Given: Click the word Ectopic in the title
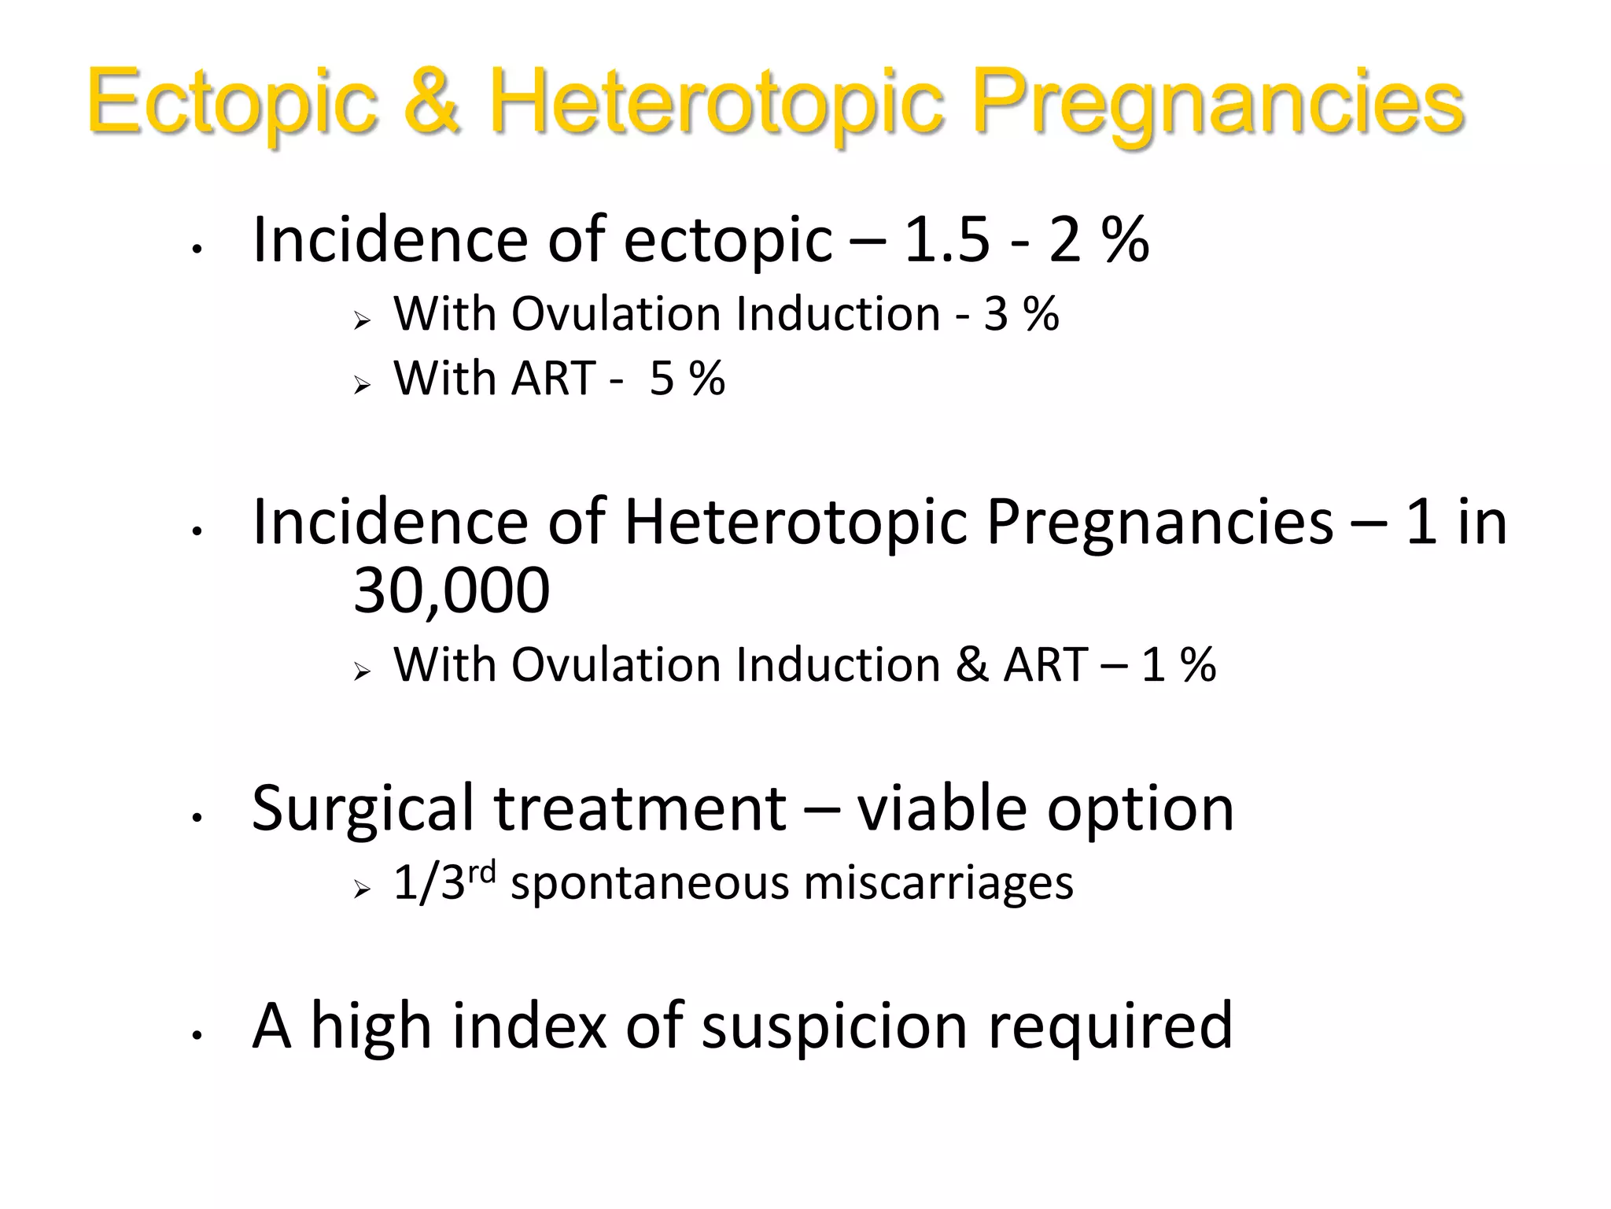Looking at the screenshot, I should (232, 102).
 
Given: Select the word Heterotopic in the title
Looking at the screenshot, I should (716, 102).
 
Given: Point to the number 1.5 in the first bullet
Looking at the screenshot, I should (947, 239).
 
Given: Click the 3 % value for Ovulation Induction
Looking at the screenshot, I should (1021, 314).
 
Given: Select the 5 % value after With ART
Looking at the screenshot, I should (687, 379).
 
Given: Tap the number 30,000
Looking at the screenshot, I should (452, 590).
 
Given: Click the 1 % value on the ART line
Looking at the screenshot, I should (1178, 665).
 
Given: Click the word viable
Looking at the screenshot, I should (942, 809).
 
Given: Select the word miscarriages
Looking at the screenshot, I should (938, 883).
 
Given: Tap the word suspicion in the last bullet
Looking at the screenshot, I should (835, 1026).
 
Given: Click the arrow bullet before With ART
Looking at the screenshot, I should (362, 385).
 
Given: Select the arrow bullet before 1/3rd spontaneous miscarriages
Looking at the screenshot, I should (362, 889).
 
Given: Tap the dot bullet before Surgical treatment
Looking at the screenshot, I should (197, 818).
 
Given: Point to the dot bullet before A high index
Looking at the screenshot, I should (197, 1036).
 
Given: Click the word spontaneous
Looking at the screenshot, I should (649, 883).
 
